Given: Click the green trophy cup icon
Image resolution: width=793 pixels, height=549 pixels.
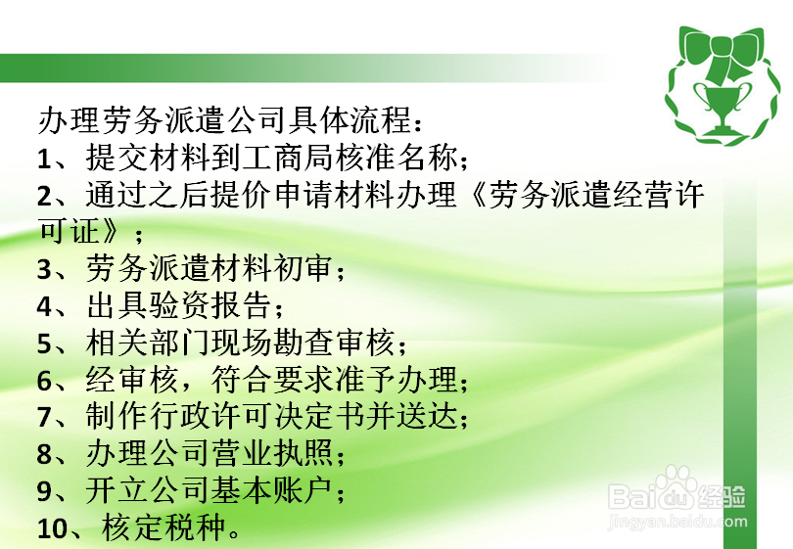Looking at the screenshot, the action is tap(720, 109).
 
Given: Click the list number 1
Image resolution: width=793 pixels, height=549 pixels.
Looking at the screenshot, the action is tap(44, 160).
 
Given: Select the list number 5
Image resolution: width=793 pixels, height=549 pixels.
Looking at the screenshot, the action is tap(44, 344).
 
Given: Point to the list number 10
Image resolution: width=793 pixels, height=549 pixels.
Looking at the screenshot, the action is tap(52, 529).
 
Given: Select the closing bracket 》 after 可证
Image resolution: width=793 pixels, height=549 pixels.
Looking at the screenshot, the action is tap(111, 232).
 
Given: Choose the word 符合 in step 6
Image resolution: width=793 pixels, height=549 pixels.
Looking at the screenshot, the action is tap(241, 379).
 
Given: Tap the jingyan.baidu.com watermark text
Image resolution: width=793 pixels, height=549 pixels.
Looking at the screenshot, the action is tap(677, 522).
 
